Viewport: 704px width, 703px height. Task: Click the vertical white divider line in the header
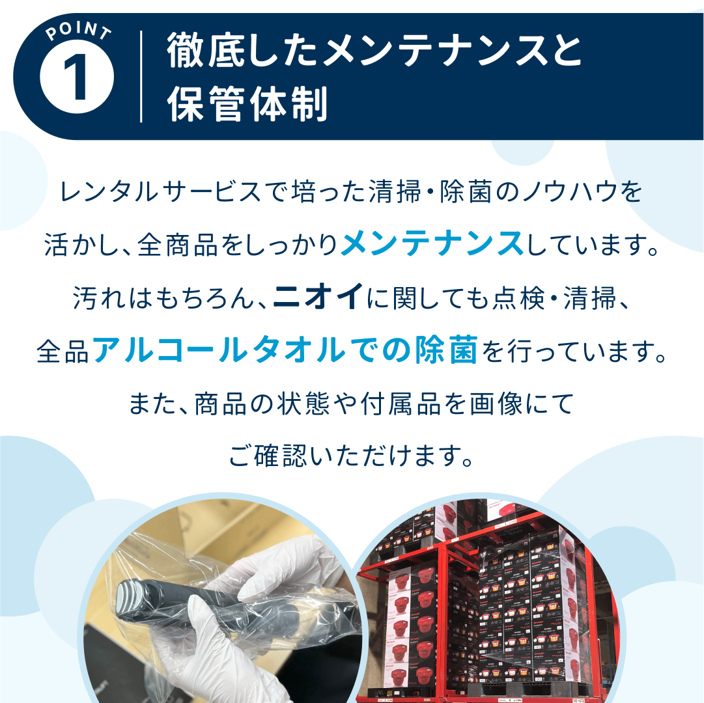[141, 77]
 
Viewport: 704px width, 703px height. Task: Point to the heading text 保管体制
[247, 104]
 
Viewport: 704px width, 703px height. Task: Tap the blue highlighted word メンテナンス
[432, 245]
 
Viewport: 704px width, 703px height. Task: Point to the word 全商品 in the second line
[172, 246]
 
